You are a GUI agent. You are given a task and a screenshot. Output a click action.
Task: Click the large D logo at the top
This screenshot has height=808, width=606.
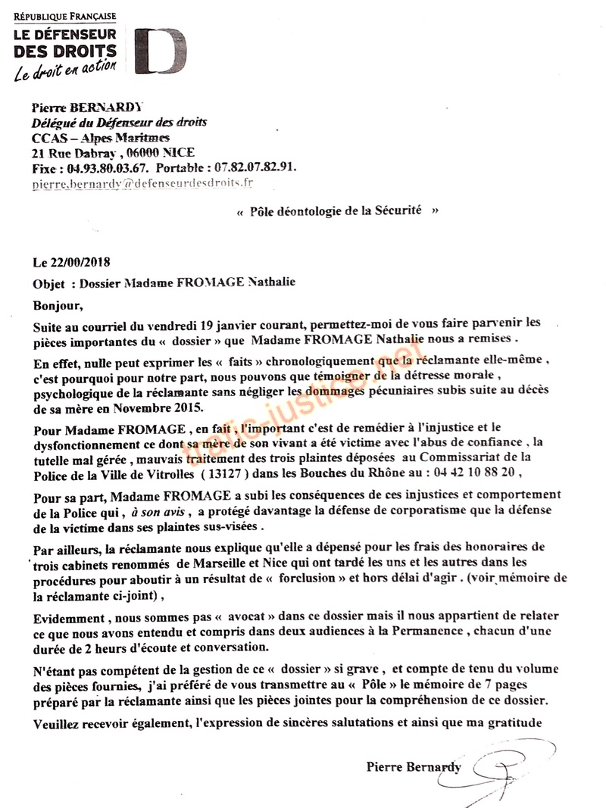(x=161, y=51)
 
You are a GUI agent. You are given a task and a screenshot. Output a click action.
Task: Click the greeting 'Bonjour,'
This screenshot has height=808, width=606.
(x=55, y=304)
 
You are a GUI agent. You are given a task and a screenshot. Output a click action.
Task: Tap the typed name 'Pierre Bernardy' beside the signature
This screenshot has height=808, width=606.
(x=413, y=767)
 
